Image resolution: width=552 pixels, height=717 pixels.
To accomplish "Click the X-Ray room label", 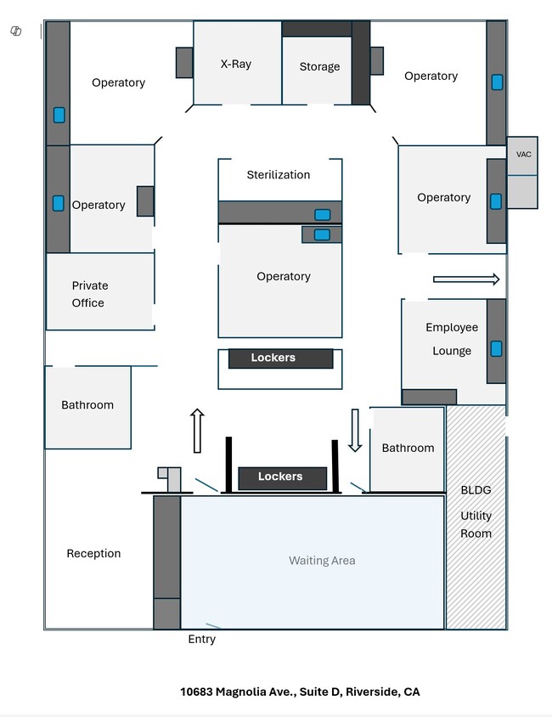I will [235, 64].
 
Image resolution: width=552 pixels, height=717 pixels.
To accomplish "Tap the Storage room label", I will [319, 66].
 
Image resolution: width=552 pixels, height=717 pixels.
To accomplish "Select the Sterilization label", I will [279, 175].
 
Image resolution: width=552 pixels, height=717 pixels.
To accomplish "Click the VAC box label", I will [523, 155].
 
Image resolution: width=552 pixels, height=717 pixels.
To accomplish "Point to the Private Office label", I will [89, 294].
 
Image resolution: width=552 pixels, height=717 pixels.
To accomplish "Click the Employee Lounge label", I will [452, 339].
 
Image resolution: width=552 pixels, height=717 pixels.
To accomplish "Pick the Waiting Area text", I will [322, 561].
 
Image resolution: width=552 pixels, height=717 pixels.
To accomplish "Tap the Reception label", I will [93, 554].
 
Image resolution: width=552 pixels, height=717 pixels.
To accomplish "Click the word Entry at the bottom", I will [201, 639].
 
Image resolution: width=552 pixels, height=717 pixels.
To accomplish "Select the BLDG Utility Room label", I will [476, 512].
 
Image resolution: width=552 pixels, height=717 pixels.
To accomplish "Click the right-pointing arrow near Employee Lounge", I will [465, 279].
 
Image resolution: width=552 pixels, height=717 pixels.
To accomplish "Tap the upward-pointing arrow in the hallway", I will [197, 431].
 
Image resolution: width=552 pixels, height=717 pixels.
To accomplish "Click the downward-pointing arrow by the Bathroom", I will [355, 430].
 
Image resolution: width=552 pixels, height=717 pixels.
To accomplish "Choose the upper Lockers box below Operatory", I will [280, 358].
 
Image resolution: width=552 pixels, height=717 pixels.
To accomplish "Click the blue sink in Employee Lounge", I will [496, 348].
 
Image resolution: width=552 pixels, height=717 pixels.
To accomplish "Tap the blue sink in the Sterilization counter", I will [323, 215].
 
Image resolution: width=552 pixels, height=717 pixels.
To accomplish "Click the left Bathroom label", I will [87, 405].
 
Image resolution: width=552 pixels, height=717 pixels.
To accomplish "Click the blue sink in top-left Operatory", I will [59, 115].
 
